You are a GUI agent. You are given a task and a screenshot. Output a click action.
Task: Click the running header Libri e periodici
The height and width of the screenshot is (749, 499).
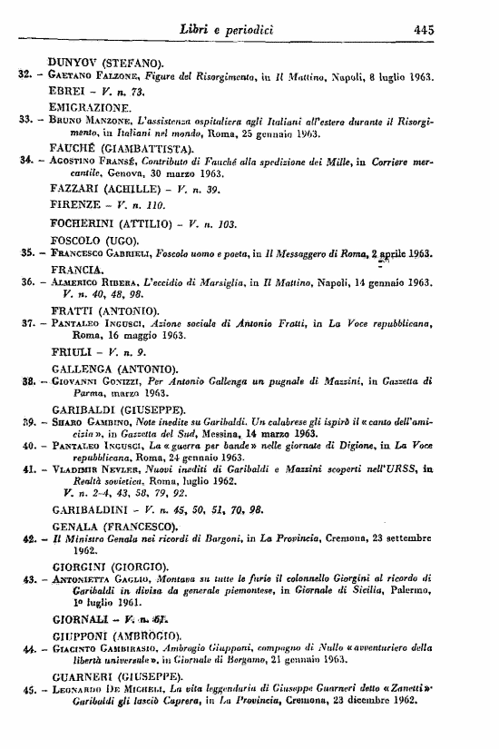(246, 29)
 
